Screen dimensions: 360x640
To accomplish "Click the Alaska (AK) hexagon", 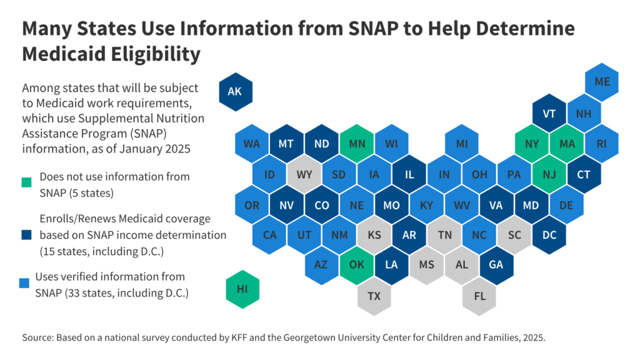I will (234, 91).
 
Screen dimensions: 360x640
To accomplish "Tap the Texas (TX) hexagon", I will (374, 296).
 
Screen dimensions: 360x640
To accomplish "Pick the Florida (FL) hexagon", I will (479, 296).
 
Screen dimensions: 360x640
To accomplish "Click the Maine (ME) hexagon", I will (602, 82).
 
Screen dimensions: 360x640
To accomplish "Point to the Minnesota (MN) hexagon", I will (357, 144).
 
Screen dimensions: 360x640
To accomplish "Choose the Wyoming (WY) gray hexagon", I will (304, 174).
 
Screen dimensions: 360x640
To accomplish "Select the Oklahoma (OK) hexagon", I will (357, 264).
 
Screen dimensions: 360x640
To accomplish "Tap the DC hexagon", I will (549, 234).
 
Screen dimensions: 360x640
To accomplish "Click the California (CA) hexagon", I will (270, 234).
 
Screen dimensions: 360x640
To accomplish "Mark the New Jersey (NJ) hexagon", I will (549, 174).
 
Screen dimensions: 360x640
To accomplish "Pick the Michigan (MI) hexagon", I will (462, 144).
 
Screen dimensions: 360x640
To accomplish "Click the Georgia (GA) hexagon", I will (497, 264).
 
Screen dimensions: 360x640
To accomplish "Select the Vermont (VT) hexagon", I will (549, 114).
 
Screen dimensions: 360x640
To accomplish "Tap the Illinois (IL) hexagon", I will (409, 174).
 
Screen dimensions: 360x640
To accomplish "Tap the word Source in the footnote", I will (38, 337).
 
